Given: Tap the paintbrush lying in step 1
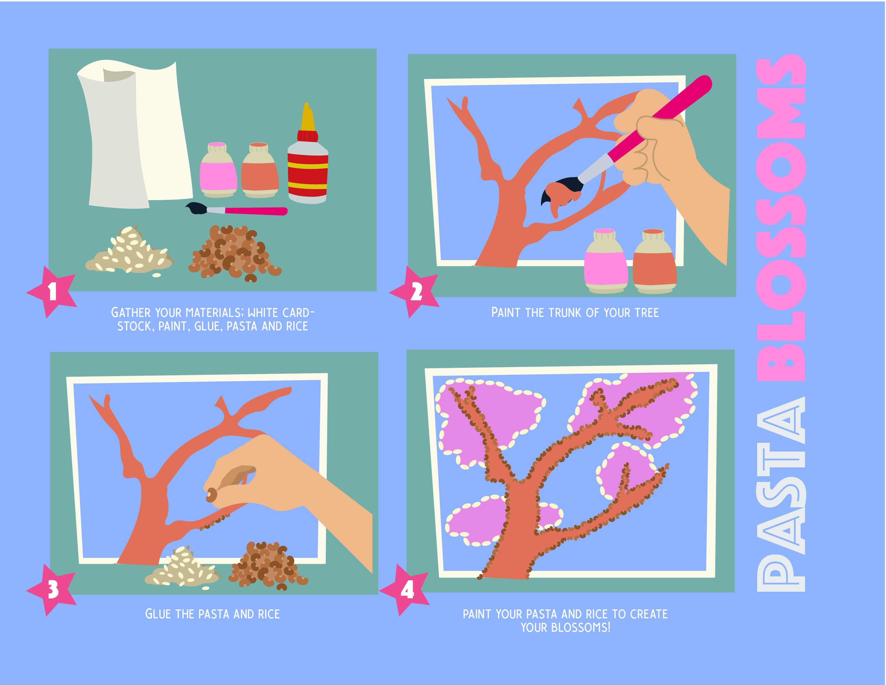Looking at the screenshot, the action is [x=236, y=210].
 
